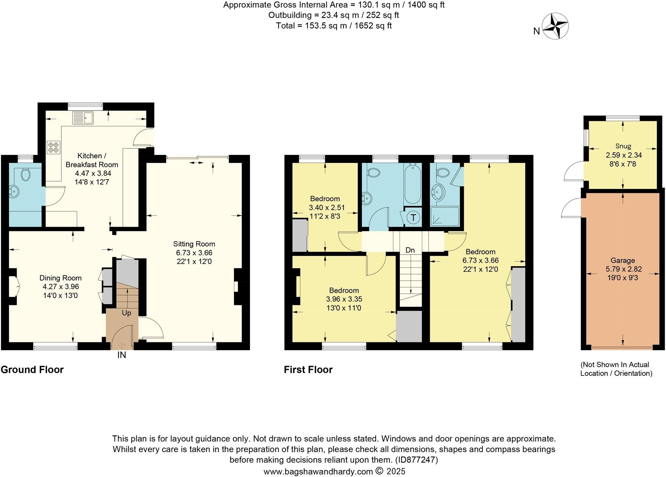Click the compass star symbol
(555, 26)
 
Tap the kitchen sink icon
(84, 118)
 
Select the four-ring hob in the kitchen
(53, 147)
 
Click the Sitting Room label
(194, 244)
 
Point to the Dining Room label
(60, 278)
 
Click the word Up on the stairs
(127, 313)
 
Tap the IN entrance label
(122, 355)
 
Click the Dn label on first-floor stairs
(410, 250)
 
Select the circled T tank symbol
(413, 217)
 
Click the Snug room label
(623, 146)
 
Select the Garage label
(622, 260)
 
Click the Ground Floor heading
(32, 370)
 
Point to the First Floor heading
(308, 370)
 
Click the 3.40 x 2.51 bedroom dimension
(326, 207)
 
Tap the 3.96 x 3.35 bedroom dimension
(344, 299)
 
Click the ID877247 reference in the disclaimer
(416, 460)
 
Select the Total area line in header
(334, 26)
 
